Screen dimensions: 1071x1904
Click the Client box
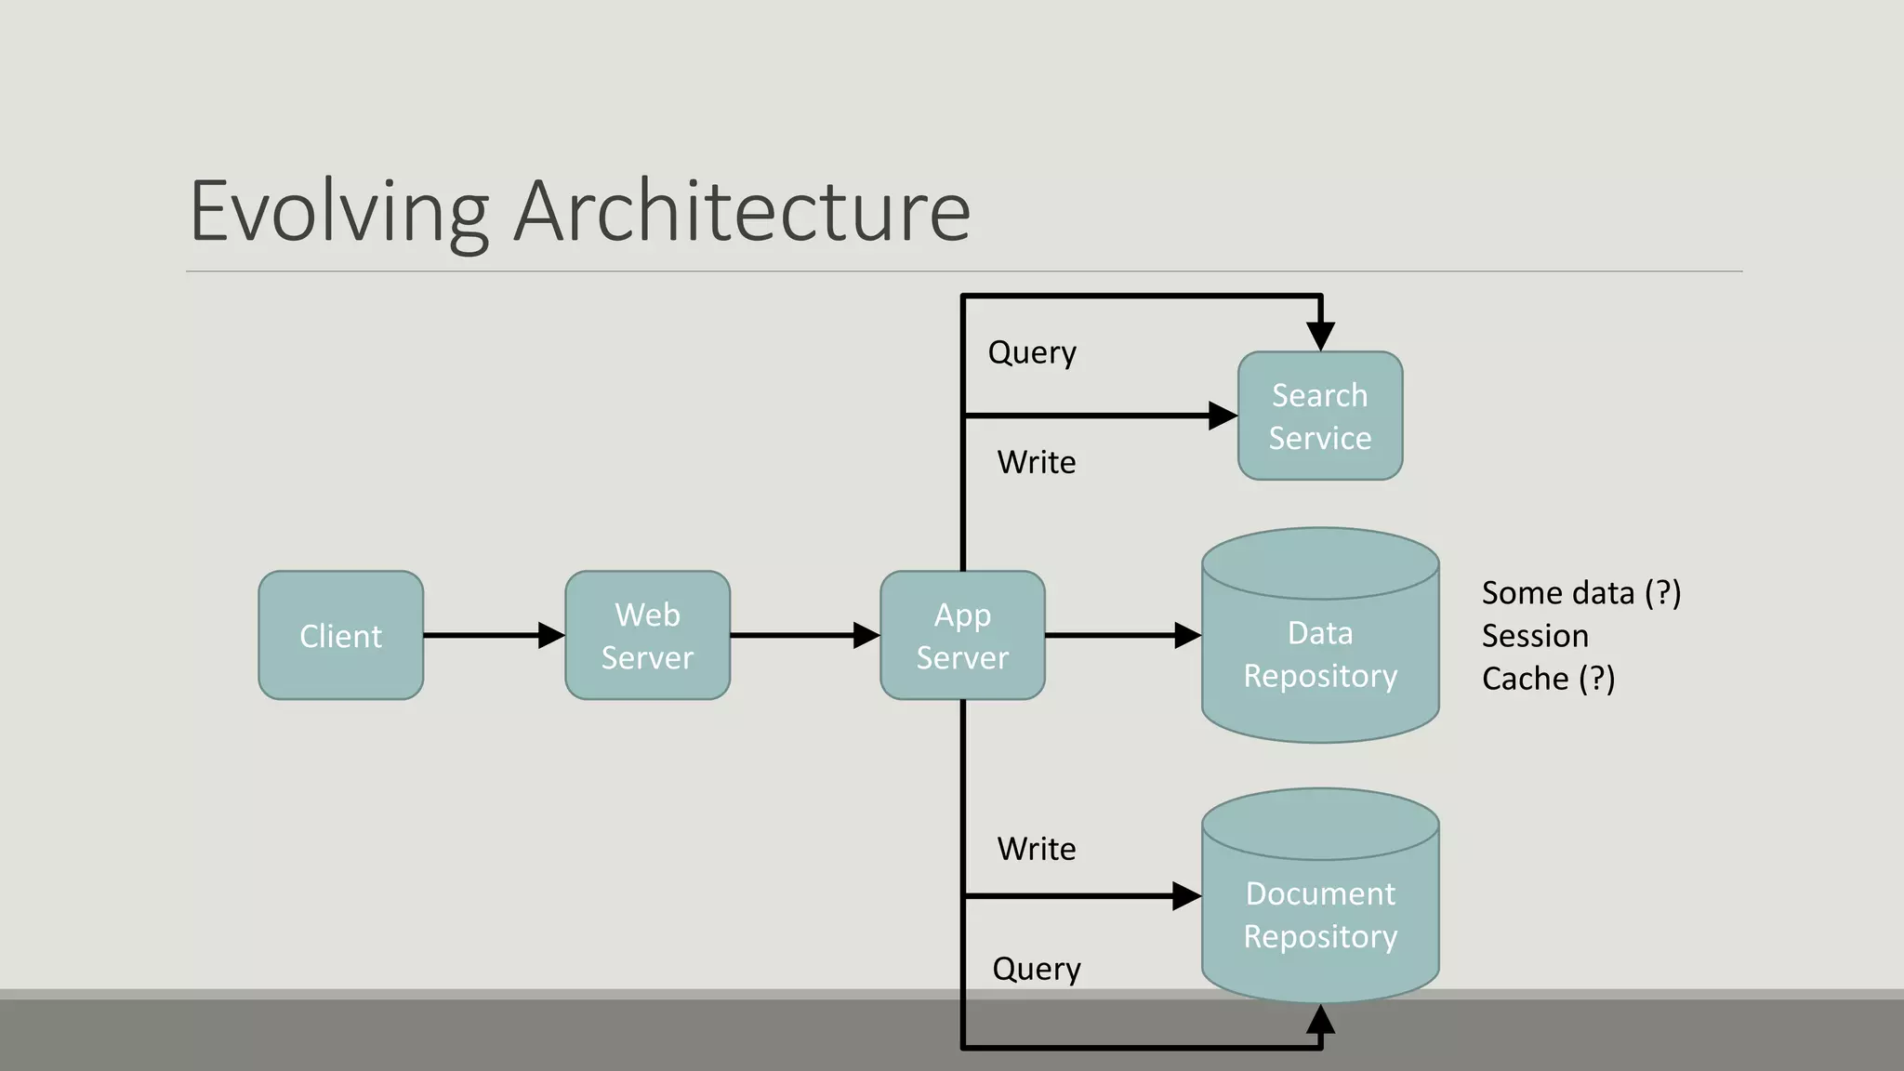click(x=340, y=635)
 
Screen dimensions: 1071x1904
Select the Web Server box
click(x=647, y=635)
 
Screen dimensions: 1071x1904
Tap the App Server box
click(x=962, y=635)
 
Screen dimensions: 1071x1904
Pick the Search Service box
click(x=1320, y=416)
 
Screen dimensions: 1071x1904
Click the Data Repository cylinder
click(x=1320, y=651)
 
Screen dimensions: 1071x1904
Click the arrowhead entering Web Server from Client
click(x=552, y=635)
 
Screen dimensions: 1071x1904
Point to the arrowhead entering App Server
click(x=867, y=635)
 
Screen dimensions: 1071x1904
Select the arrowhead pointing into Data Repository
click(x=1188, y=635)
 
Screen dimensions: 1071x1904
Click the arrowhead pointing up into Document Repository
click(x=1320, y=1020)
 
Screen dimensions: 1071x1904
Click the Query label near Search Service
click(x=1032, y=353)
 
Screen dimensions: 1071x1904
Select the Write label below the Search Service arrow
click(x=1036, y=462)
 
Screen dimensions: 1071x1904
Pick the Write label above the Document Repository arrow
click(x=1036, y=849)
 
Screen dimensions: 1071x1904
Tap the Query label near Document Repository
click(x=1036, y=970)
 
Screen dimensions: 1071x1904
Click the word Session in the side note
click(x=1535, y=636)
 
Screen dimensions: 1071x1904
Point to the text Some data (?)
click(x=1580, y=593)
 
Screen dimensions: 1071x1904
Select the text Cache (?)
click(x=1548, y=679)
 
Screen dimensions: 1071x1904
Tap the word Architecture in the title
click(x=742, y=212)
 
